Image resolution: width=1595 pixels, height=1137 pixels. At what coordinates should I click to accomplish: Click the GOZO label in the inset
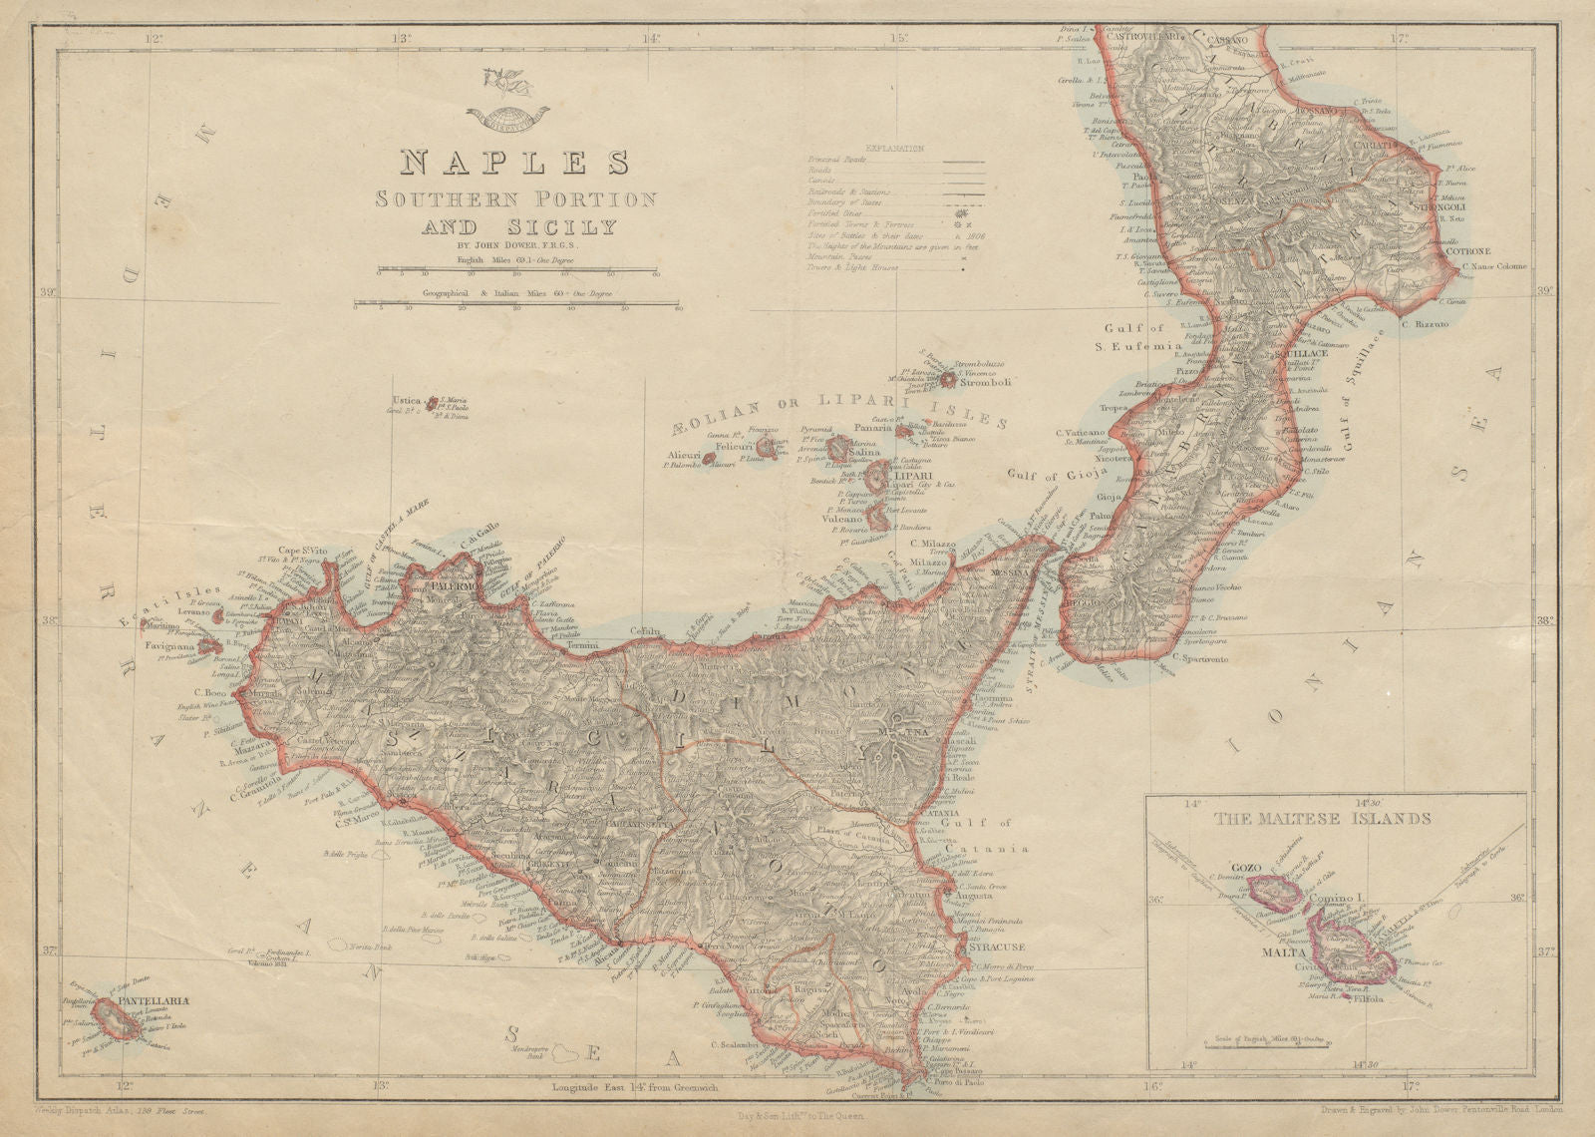(x=1248, y=866)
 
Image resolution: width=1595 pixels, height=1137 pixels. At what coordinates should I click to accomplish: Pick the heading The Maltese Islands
(x=1323, y=820)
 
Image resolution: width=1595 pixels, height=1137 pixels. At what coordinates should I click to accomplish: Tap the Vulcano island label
(x=843, y=521)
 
